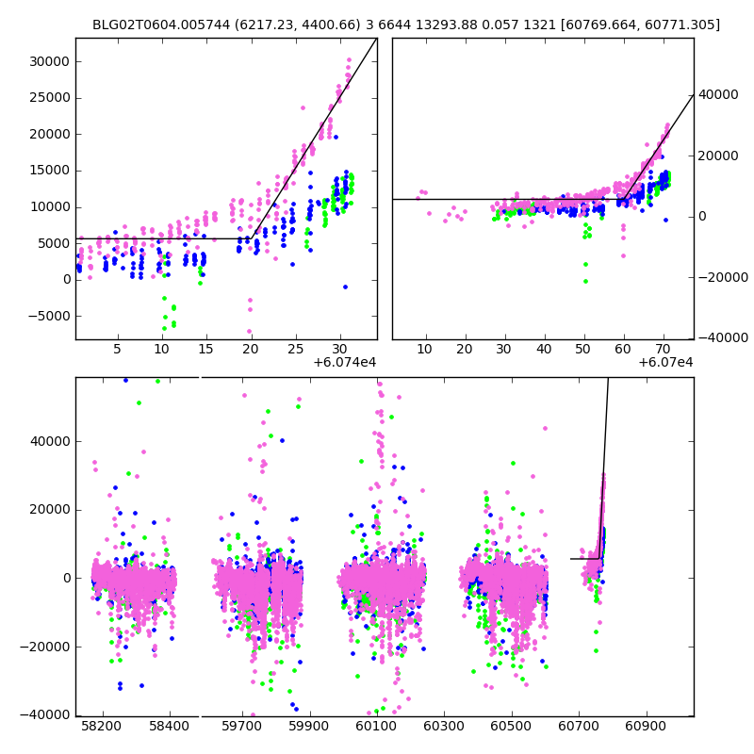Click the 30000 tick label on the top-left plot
click(x=50, y=61)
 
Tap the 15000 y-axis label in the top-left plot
click(x=50, y=171)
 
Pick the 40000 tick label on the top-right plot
click(x=718, y=95)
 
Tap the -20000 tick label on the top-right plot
click(x=720, y=277)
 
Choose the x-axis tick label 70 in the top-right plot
click(x=663, y=349)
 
